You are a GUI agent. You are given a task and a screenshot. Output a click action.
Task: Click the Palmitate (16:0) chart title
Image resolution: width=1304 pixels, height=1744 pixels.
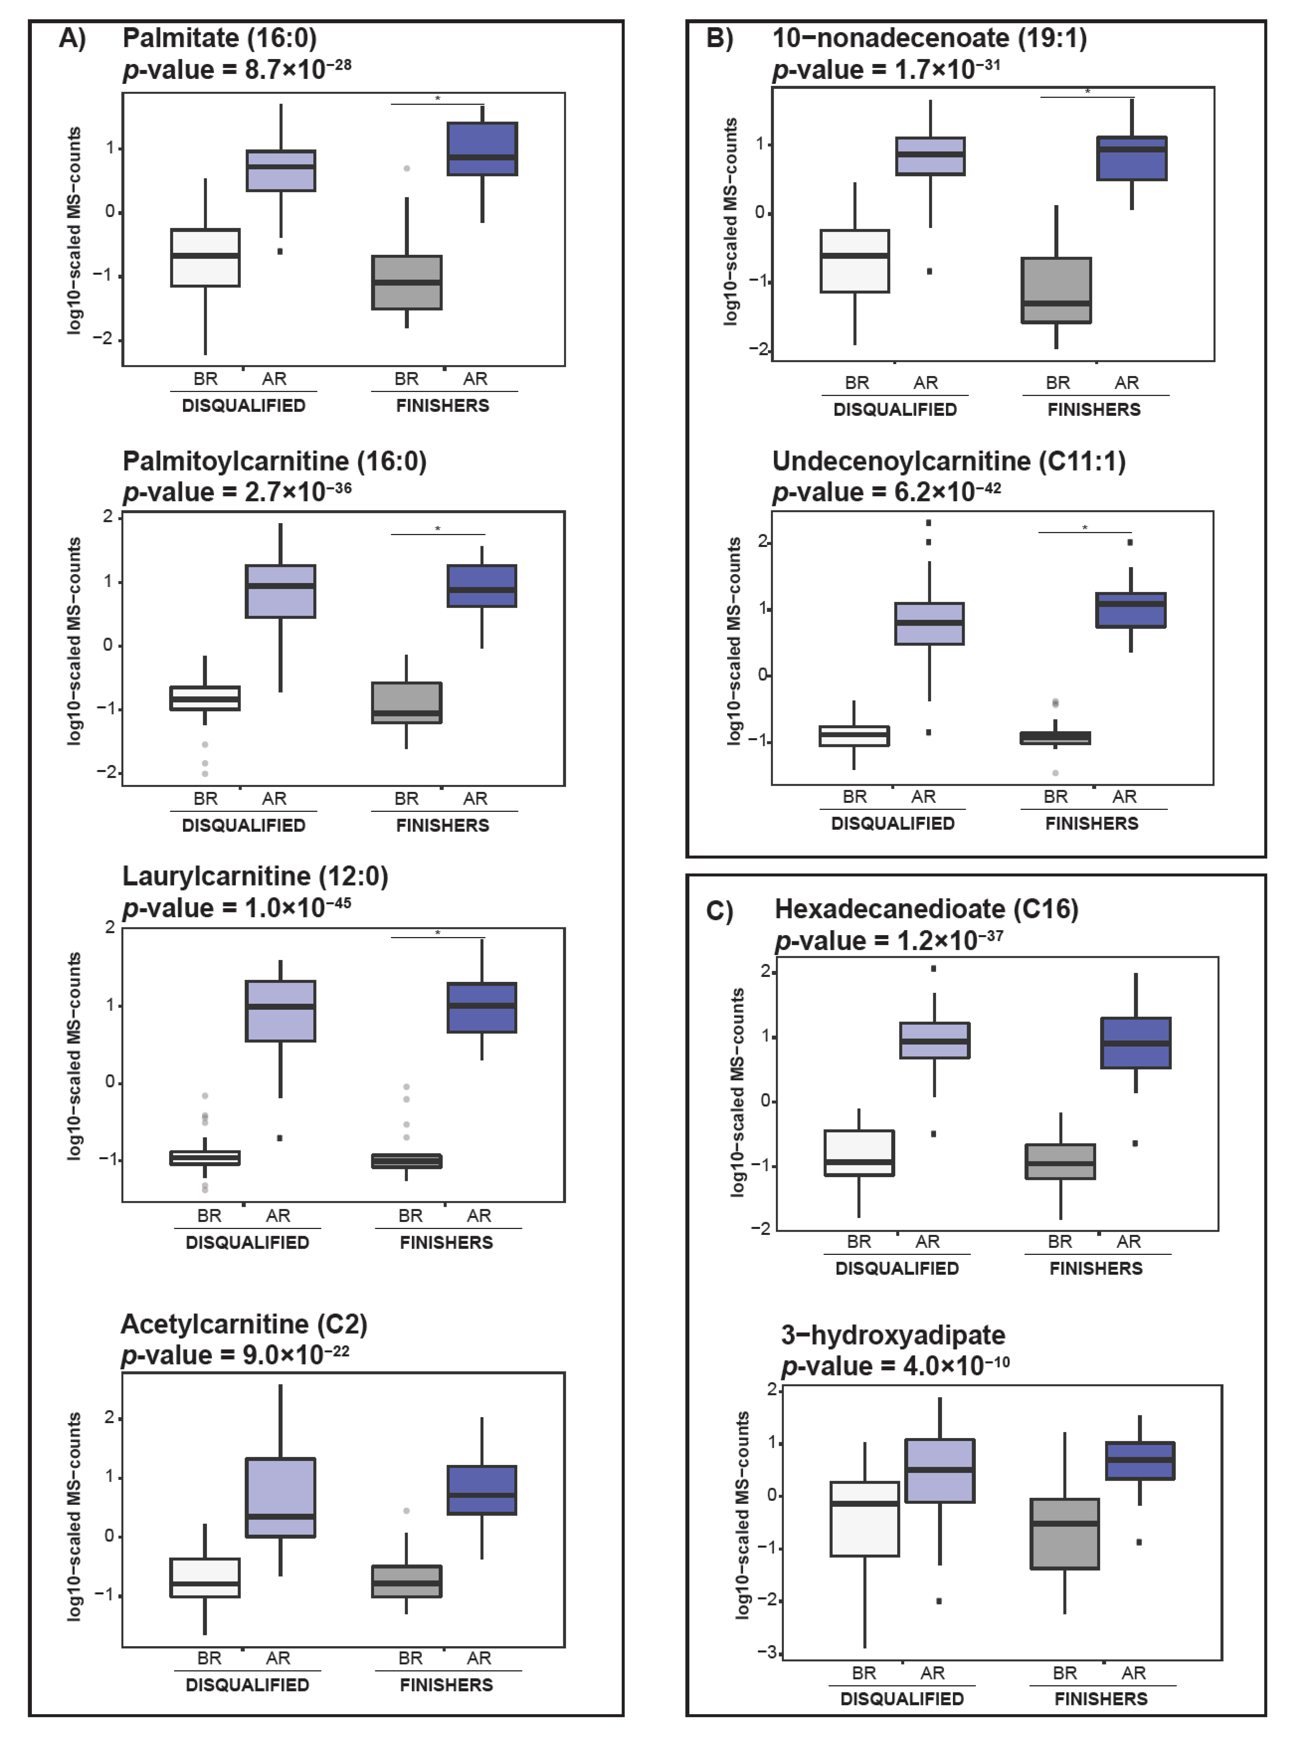click(x=219, y=38)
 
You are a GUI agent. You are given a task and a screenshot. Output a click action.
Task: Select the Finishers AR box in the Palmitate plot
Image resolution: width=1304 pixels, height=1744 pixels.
click(x=482, y=148)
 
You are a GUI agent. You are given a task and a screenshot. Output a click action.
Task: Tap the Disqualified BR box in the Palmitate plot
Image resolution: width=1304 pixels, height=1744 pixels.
click(x=205, y=258)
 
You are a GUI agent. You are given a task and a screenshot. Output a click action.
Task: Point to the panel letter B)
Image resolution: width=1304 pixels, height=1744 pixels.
click(x=719, y=38)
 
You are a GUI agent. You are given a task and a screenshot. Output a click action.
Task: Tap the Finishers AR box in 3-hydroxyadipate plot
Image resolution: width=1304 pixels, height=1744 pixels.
click(x=1139, y=1461)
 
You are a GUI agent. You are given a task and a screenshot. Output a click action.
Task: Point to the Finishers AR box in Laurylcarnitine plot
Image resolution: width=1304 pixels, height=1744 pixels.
click(x=482, y=1008)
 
